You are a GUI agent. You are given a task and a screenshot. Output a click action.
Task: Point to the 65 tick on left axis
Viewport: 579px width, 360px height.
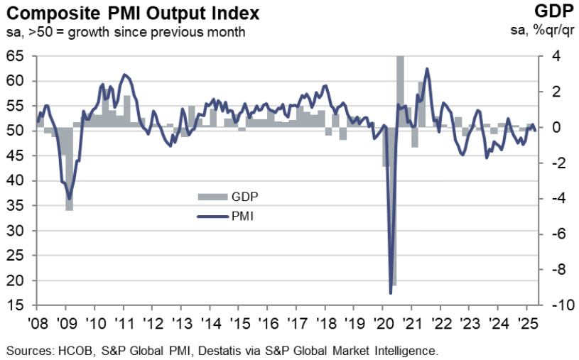click(x=21, y=56)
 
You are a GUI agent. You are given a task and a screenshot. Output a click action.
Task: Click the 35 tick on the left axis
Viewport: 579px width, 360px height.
click(x=21, y=206)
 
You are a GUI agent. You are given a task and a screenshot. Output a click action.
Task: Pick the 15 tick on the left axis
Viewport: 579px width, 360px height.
click(x=21, y=306)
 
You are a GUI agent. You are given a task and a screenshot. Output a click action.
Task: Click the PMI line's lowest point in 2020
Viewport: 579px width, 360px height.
click(x=391, y=293)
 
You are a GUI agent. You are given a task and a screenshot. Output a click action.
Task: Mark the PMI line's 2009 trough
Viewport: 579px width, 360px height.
click(x=69, y=199)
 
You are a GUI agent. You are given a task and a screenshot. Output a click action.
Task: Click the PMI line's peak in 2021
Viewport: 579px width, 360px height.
click(x=427, y=69)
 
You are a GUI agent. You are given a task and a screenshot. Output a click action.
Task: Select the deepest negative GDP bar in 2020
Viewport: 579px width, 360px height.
click(x=394, y=284)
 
